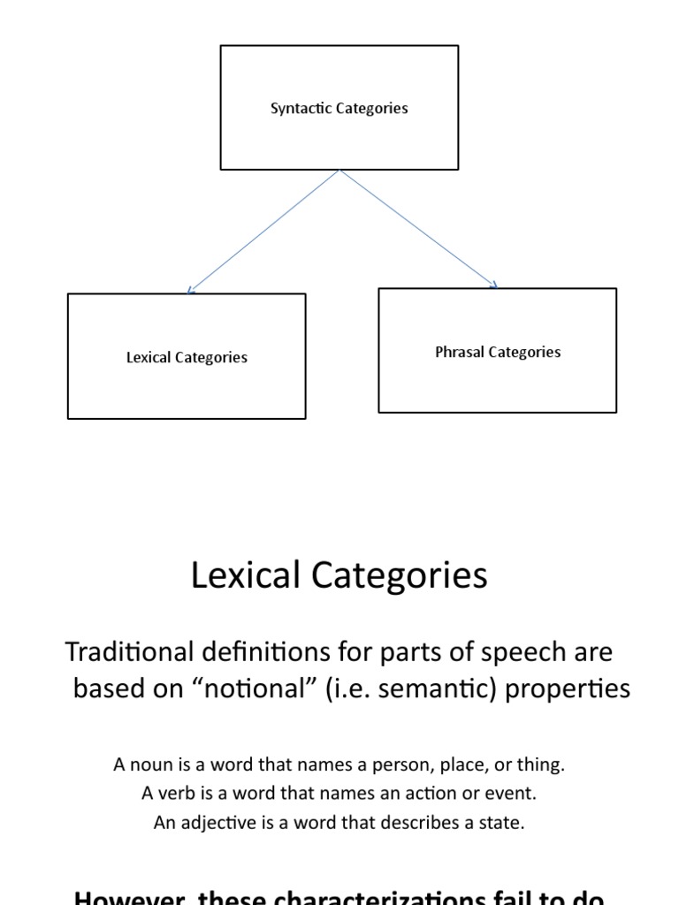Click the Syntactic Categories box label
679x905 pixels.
[x=339, y=109]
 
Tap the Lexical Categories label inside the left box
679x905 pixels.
[x=187, y=358]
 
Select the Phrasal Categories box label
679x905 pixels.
[x=498, y=353]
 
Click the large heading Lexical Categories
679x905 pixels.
[x=339, y=576]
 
